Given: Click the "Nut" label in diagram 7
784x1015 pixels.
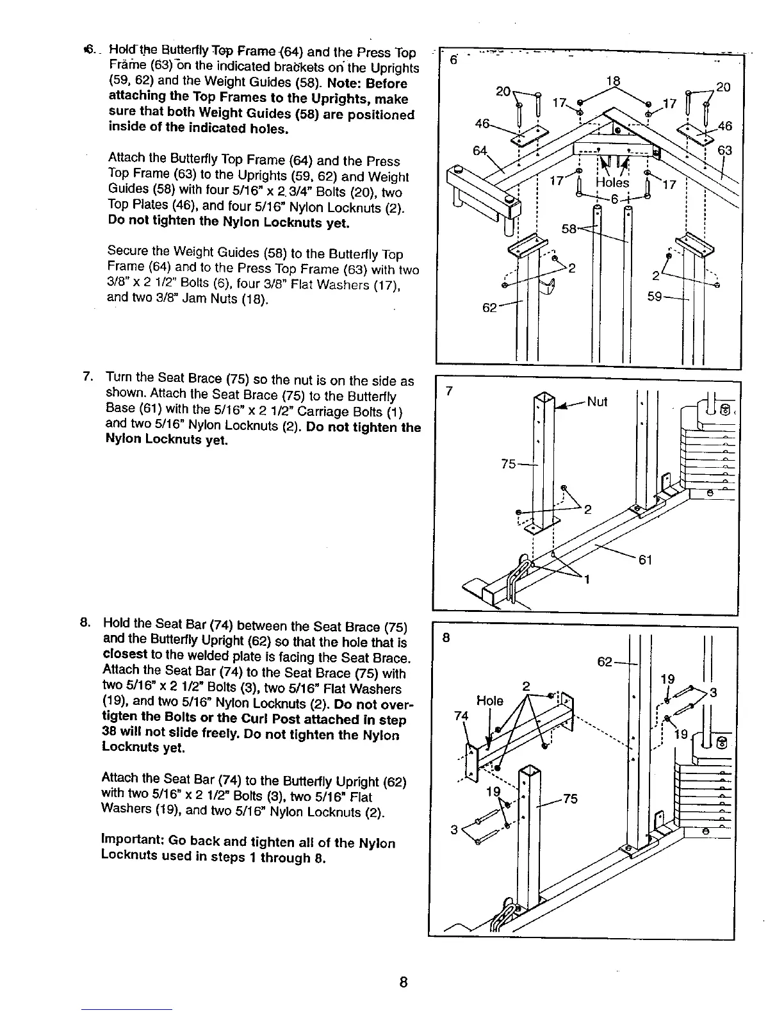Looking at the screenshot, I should point(597,402).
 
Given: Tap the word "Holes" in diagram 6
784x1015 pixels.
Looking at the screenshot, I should point(612,183).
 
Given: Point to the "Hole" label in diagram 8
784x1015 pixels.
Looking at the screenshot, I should point(490,700).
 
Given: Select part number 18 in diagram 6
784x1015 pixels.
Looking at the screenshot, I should point(613,81).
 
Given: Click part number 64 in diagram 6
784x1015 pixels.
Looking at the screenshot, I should point(480,151).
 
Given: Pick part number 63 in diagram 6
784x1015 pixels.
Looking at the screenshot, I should point(724,151).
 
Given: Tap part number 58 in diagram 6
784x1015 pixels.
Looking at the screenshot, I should point(569,229).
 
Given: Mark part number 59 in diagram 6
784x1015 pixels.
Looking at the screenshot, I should point(655,297).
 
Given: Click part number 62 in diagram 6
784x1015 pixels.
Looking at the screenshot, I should point(489,308).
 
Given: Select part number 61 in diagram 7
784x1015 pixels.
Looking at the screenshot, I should point(645,560).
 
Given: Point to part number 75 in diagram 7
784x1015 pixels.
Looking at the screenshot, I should point(509,463).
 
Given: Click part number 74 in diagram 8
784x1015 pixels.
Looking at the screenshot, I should point(461,716).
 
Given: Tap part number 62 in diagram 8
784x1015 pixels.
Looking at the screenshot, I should point(605,662).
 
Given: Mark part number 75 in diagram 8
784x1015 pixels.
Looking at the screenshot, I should point(570,798).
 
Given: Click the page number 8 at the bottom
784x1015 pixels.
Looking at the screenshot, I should point(403,982).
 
